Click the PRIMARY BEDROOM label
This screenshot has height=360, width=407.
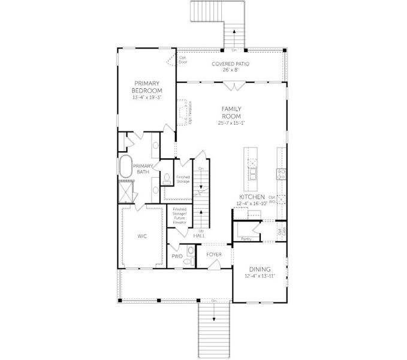click(x=147, y=87)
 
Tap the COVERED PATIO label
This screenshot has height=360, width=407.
click(x=231, y=64)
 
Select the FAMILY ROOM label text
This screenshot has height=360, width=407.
click(x=231, y=112)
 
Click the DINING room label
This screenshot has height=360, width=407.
click(x=260, y=269)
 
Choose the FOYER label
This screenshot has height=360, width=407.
click(x=214, y=254)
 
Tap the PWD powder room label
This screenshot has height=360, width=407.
click(x=176, y=256)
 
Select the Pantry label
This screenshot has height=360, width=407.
click(x=246, y=238)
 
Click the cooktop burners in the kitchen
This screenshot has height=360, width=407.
click(x=280, y=174)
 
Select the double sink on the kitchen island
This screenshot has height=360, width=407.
click(x=252, y=170)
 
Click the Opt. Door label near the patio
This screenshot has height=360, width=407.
click(x=183, y=59)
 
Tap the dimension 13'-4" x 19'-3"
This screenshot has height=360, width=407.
click(x=147, y=97)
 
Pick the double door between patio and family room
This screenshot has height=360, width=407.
click(x=231, y=86)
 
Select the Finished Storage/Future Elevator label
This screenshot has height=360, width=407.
click(x=180, y=215)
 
